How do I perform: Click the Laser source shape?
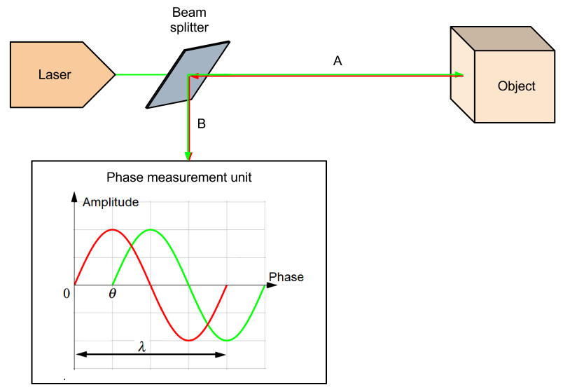(x=60, y=74)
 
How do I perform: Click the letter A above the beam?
(x=338, y=62)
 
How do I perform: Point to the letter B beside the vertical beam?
(x=202, y=124)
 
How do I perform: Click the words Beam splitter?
(x=190, y=20)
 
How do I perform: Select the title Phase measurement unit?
(x=179, y=178)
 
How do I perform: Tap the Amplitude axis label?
(x=111, y=203)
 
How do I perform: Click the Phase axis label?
(x=286, y=277)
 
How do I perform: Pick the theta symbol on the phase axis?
(x=113, y=293)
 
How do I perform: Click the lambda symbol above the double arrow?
(x=142, y=346)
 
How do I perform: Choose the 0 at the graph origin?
(x=67, y=293)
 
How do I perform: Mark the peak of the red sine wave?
(x=113, y=229)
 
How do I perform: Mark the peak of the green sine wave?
(x=151, y=229)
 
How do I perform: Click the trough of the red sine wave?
(x=188, y=340)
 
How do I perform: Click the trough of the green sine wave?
(x=227, y=340)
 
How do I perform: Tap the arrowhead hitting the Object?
(x=459, y=74)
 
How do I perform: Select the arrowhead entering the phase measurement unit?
(x=188, y=156)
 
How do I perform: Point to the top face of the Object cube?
(x=501, y=38)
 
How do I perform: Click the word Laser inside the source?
(x=55, y=74)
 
